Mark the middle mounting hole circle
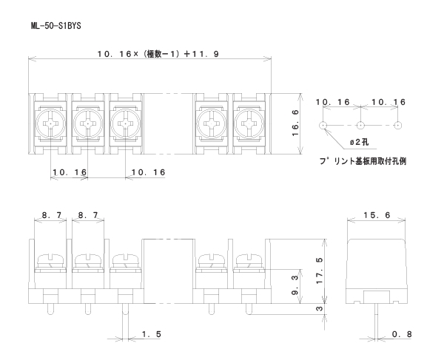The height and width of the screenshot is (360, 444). tap(360, 126)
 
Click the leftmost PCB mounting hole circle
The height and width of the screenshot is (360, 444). tap(323, 126)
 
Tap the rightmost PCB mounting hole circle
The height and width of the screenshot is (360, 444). tap(397, 126)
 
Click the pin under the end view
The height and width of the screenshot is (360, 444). tap(377, 318)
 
